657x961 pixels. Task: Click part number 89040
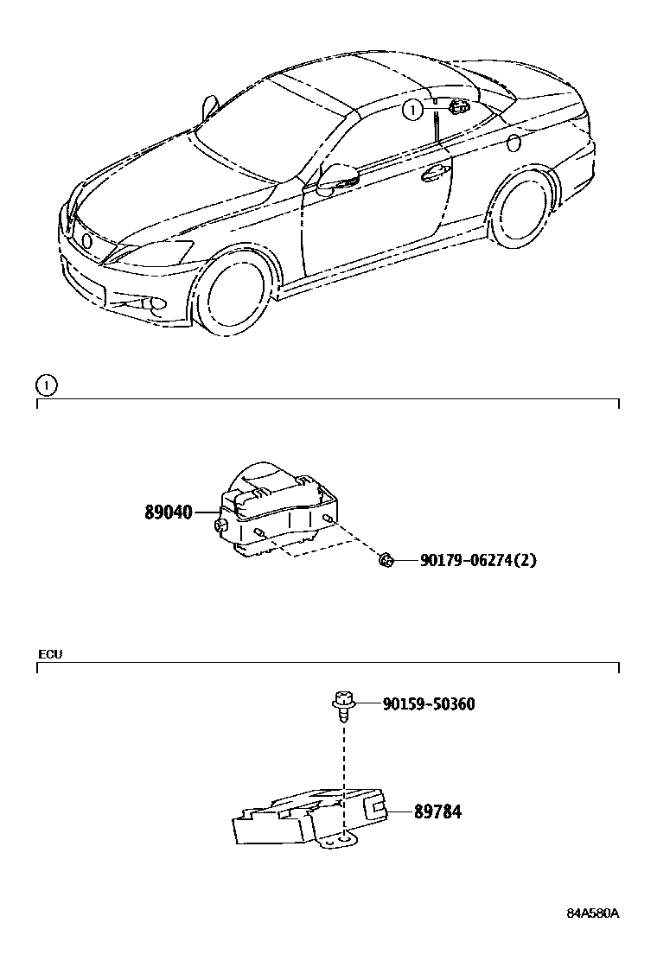pyautogui.click(x=168, y=512)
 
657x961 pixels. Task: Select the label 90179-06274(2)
pyautogui.click(x=478, y=561)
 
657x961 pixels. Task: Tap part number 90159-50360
pyautogui.click(x=428, y=704)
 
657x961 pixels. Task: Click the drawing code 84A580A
pyautogui.click(x=594, y=913)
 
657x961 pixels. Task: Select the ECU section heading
pyautogui.click(x=50, y=654)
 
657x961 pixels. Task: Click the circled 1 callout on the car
pyautogui.click(x=413, y=109)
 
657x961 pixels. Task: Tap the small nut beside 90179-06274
pyautogui.click(x=386, y=562)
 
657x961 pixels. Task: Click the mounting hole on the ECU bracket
pyautogui.click(x=344, y=837)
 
